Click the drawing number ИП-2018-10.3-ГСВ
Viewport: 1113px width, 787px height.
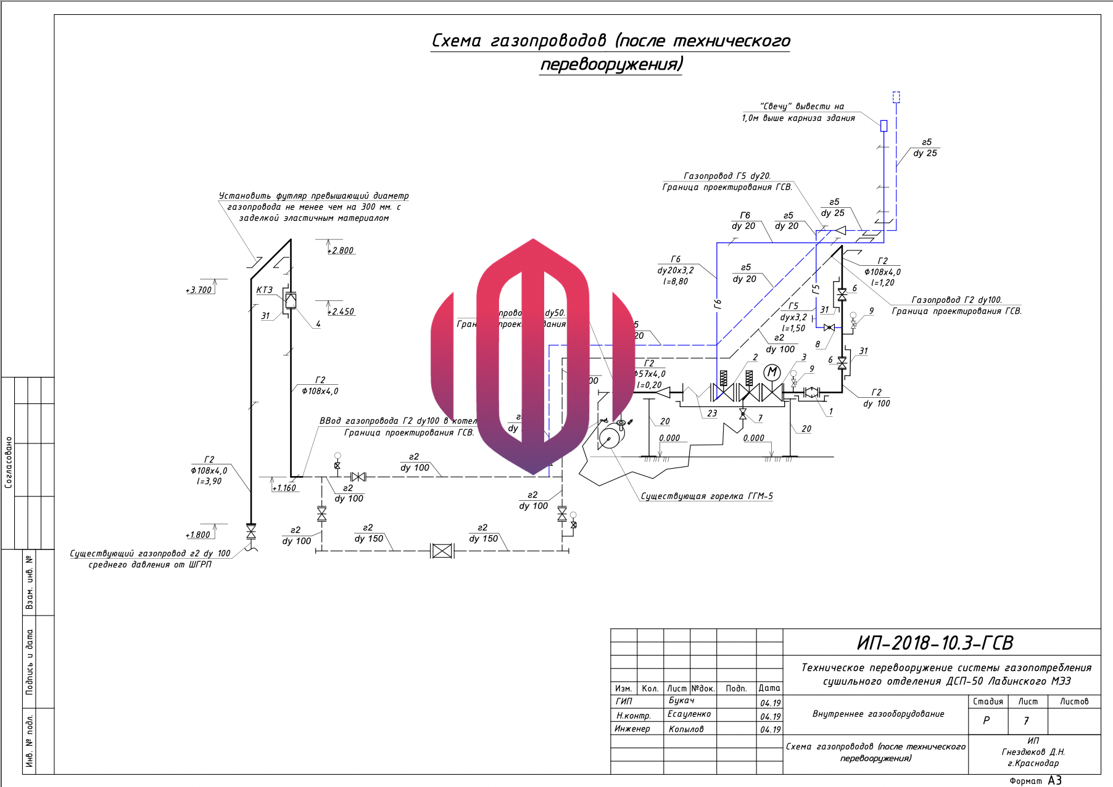coord(935,643)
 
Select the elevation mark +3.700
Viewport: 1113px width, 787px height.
coord(199,290)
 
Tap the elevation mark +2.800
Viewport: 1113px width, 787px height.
coord(341,250)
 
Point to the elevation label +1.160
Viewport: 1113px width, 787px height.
coord(284,488)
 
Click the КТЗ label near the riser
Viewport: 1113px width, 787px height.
coord(264,290)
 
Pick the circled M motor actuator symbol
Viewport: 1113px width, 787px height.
coord(772,372)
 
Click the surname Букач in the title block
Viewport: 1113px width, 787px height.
coord(681,701)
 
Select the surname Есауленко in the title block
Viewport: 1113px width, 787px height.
coord(689,714)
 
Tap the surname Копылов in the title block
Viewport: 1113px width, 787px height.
coord(685,729)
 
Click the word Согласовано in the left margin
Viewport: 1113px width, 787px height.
coord(9,462)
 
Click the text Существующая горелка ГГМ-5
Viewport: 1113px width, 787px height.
coord(706,496)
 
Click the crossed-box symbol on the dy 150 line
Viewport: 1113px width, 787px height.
coord(442,551)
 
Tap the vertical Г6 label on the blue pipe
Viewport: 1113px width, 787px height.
coord(718,303)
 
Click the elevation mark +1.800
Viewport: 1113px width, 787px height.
coord(198,535)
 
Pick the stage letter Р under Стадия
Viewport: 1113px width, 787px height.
coord(986,720)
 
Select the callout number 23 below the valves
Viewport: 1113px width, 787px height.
coord(712,413)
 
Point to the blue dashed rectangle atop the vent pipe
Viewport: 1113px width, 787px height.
coord(896,97)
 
